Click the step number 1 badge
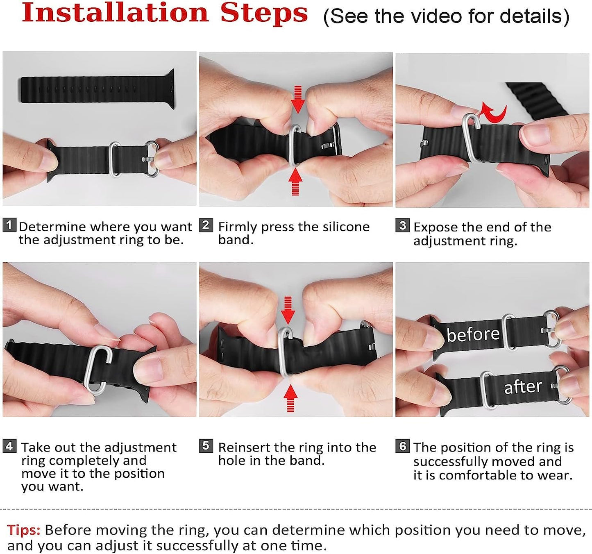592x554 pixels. point(9,225)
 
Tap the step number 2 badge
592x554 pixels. point(206,225)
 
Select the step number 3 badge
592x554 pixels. point(402,225)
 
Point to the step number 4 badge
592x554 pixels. point(9,446)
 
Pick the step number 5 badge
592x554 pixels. point(206,446)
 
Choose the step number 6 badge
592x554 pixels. point(402,446)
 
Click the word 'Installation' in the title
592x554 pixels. point(115,13)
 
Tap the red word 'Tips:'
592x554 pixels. point(24,530)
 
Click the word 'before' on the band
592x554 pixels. point(473,334)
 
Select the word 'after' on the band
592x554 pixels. point(523,386)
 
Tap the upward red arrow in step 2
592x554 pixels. point(295,182)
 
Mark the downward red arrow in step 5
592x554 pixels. point(288,310)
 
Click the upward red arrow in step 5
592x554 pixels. point(290,398)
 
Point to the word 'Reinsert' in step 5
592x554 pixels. point(244,447)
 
